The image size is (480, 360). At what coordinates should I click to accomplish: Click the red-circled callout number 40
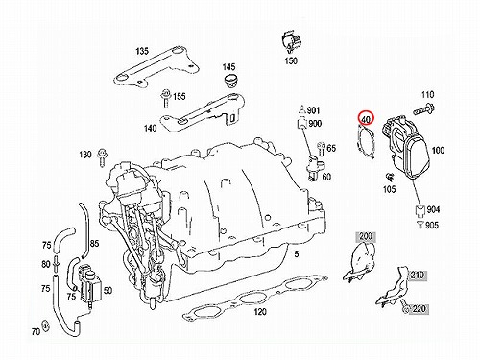coord(366,119)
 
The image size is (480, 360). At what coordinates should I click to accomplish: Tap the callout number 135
coord(142,51)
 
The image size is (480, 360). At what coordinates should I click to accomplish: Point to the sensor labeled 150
coord(291,41)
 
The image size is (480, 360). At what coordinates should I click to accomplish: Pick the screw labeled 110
coord(422,109)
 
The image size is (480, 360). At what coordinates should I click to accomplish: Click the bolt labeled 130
coord(102,156)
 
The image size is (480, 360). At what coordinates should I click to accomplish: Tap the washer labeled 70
coord(45,324)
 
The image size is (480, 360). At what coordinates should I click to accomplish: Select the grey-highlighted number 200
coord(366,236)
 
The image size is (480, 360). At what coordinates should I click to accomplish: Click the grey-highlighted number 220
coord(419,309)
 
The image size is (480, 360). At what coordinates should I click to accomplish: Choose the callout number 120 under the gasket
coord(260,311)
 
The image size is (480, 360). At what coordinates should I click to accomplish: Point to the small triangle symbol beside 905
coord(420,225)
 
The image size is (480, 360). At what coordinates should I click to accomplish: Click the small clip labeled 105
coord(390,177)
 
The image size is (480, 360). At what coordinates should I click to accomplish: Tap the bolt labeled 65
coord(321,149)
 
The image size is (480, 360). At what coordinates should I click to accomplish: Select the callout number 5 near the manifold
coord(297,253)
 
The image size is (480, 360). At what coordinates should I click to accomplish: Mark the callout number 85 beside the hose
coord(94,244)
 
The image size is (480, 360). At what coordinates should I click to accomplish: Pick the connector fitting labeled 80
coord(56,264)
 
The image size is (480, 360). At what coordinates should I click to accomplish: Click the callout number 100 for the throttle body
coord(438,150)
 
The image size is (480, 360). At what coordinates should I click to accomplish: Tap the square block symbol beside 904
coord(420,210)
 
